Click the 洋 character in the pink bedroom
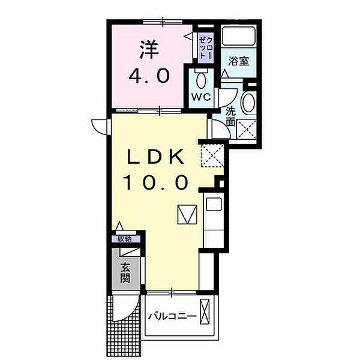149,49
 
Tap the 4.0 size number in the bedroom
149,76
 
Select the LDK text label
155,157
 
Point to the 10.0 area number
156,182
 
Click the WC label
202,97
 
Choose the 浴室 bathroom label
239,61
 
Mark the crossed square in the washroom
247,129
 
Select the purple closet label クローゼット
206,48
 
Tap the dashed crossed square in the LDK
212,155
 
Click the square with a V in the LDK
187,214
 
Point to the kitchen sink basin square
214,204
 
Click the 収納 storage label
125,239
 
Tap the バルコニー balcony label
172,317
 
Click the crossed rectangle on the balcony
205,311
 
